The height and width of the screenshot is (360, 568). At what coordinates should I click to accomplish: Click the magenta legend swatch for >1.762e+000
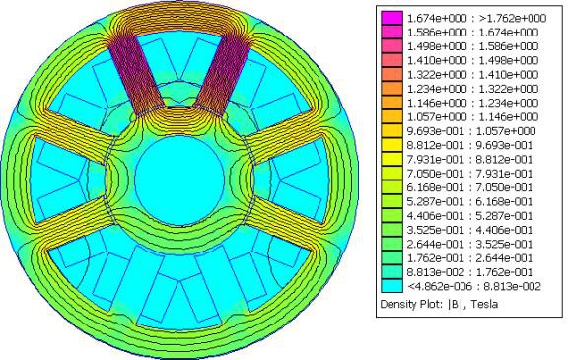point(391,18)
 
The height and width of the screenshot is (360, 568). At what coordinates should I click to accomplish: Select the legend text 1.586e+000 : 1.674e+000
point(473,33)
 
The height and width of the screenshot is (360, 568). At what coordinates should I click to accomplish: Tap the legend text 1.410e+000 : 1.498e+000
point(473,60)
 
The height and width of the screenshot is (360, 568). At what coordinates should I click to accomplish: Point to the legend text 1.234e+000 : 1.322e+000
point(473,89)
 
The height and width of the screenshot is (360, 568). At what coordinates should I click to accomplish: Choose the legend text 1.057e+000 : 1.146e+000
point(473,117)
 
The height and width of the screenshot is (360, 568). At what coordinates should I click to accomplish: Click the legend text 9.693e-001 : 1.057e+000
point(471,131)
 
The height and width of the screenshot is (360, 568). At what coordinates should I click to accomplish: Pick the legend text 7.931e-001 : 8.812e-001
point(470,160)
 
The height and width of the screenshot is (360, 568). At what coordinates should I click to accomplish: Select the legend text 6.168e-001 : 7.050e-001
point(470,187)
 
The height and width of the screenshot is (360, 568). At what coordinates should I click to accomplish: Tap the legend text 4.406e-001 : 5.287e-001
point(470,216)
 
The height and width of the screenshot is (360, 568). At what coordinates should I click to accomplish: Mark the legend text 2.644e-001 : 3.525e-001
point(470,244)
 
